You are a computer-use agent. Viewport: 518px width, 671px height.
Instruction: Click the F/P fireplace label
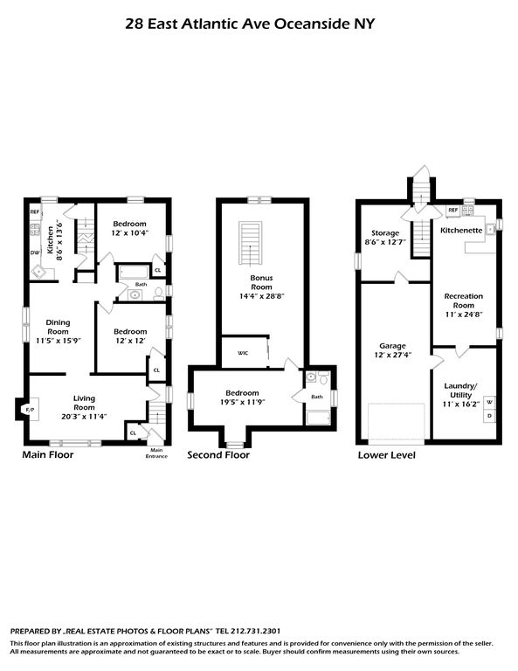30,410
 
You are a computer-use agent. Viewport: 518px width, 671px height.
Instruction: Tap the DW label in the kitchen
35,252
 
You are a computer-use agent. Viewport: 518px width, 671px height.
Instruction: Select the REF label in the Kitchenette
453,210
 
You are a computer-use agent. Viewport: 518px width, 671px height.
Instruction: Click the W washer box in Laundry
490,403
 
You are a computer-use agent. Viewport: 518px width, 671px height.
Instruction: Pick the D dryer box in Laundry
490,416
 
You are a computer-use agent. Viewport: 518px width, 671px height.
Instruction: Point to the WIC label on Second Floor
243,353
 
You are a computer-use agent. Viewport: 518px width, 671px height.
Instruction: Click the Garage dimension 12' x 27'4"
393,355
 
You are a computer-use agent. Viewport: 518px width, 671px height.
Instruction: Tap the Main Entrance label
156,453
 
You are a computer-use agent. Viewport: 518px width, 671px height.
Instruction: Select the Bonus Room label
261,282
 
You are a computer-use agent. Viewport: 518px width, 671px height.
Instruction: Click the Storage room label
385,232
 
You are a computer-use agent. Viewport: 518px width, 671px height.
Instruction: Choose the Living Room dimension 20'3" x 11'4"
84,417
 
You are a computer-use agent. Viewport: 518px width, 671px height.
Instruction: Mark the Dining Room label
58,327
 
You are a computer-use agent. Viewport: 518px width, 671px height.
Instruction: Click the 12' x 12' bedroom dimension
130,341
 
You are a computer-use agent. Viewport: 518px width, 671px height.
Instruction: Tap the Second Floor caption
218,455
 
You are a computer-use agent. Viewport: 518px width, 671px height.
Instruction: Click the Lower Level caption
387,455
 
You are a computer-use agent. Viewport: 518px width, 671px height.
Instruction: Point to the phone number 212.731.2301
255,631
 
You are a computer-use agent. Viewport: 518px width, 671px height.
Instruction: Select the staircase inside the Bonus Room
250,244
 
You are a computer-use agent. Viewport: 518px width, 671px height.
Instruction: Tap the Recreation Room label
463,301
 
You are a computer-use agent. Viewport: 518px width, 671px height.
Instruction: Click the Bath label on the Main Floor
141,284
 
